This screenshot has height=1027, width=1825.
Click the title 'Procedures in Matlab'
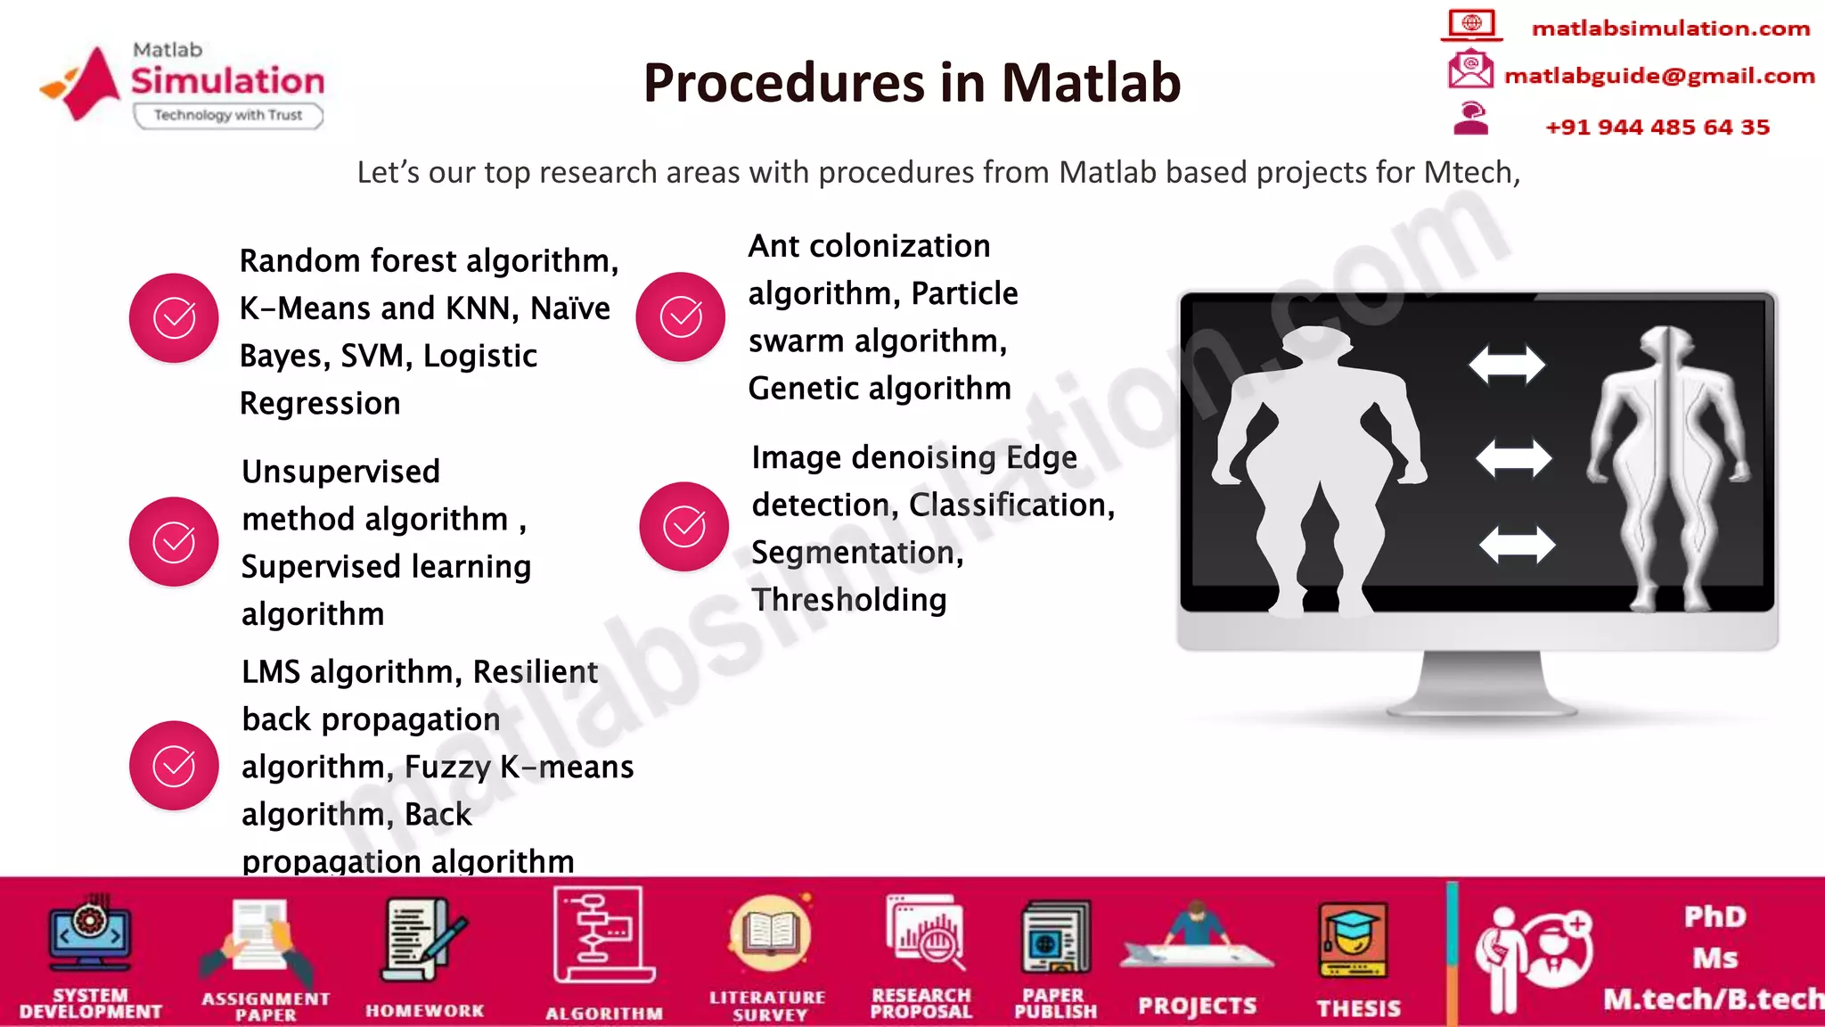point(912,83)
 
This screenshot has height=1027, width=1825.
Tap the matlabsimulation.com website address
point(1670,29)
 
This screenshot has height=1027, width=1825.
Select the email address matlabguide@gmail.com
point(1658,76)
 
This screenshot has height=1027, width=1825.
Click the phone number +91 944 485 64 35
point(1657,127)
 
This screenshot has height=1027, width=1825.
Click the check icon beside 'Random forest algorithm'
point(174,317)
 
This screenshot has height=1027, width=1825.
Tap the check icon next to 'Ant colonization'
point(681,316)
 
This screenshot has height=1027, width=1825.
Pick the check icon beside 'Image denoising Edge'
point(683,527)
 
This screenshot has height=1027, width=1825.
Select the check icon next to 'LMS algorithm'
point(174,766)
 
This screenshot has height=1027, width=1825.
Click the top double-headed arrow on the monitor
point(1507,365)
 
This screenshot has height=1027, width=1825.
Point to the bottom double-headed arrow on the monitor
point(1517,545)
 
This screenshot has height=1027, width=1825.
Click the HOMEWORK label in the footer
point(424,1010)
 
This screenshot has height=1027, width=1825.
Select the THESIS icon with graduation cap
point(1353,941)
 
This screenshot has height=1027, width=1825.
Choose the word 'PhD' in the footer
point(1715,916)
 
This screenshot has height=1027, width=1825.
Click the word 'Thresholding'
point(848,600)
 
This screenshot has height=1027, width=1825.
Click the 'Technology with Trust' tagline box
point(228,115)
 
